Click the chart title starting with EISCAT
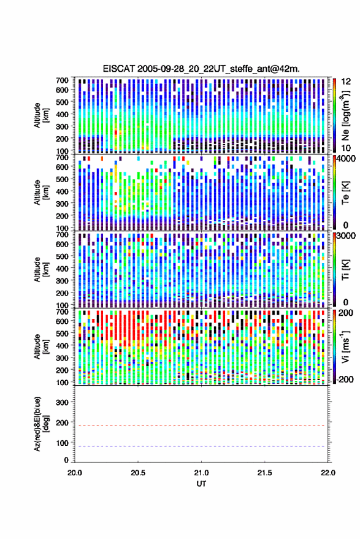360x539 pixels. click(x=201, y=69)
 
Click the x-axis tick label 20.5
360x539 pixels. click(x=138, y=473)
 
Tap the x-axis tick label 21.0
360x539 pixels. click(x=201, y=473)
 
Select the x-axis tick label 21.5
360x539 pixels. click(x=264, y=473)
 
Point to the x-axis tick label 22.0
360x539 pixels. click(x=327, y=473)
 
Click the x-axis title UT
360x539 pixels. click(x=201, y=484)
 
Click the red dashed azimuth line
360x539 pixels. click(x=201, y=426)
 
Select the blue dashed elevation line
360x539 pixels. click(x=201, y=446)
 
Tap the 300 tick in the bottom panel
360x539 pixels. click(x=62, y=402)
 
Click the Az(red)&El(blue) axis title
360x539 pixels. click(x=40, y=424)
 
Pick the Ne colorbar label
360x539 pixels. click(x=346, y=115)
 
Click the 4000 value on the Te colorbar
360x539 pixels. click(x=347, y=159)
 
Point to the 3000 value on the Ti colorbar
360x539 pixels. click(x=347, y=236)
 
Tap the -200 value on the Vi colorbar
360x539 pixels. click(x=345, y=379)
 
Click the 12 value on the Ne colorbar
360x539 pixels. click(x=347, y=82)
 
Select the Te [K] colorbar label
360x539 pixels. click(x=345, y=193)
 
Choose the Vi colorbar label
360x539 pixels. click(x=346, y=346)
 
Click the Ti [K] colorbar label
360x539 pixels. click(x=345, y=270)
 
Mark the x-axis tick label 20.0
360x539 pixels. click(x=75, y=473)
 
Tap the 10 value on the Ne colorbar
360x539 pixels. click(x=347, y=148)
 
